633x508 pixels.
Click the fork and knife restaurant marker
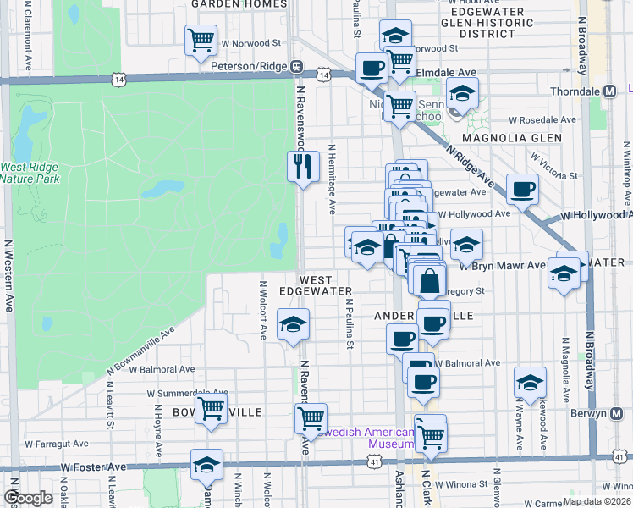pos(303,165)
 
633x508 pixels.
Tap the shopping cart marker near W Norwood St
pos(201,40)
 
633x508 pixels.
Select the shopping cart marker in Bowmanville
pos(211,409)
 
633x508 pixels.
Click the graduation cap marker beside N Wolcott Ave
pos(293,324)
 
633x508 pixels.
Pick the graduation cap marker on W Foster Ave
pos(206,465)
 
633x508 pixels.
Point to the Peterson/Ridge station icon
pos(297,66)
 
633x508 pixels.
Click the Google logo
pos(28,498)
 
